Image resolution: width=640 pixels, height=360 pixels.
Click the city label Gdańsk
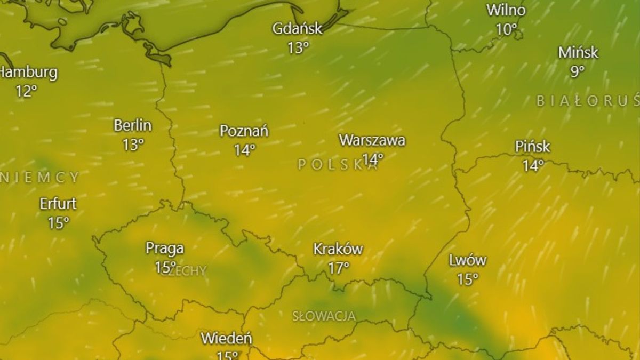click(297, 28)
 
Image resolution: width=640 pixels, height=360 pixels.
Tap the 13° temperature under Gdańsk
click(298, 48)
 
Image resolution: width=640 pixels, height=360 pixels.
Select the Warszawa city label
click(372, 140)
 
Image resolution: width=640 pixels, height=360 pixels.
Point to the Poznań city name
click(244, 131)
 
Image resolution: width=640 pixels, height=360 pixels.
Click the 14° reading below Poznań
click(244, 150)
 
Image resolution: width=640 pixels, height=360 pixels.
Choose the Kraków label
click(338, 249)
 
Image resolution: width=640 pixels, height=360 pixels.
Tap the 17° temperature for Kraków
click(339, 268)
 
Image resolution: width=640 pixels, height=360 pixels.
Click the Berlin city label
click(133, 125)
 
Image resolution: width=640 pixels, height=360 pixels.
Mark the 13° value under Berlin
click(133, 145)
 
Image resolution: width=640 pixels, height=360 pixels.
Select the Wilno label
click(506, 10)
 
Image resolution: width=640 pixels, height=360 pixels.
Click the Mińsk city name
click(578, 52)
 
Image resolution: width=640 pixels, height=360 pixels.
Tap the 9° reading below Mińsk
click(578, 71)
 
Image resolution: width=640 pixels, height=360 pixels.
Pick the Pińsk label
click(532, 146)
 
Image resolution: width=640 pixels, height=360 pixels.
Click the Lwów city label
click(467, 260)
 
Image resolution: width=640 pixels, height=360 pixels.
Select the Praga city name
click(165, 248)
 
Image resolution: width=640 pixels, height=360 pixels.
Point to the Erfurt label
click(58, 203)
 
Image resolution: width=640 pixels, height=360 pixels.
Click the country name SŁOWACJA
click(324, 316)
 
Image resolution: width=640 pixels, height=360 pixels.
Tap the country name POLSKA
click(338, 165)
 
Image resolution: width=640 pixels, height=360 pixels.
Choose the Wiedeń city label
click(226, 338)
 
